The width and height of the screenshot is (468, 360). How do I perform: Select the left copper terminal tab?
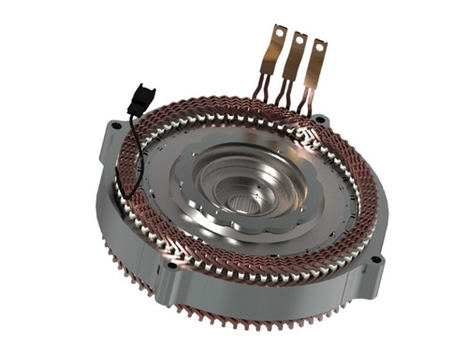270,52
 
